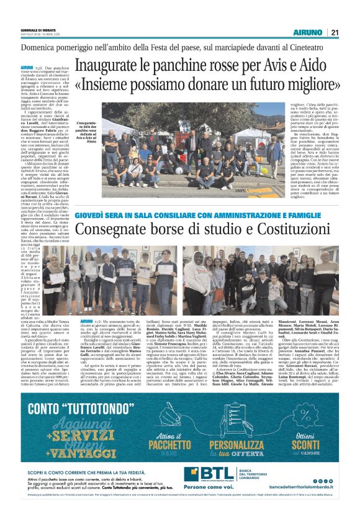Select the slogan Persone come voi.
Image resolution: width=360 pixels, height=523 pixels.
click(x=224, y=501)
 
